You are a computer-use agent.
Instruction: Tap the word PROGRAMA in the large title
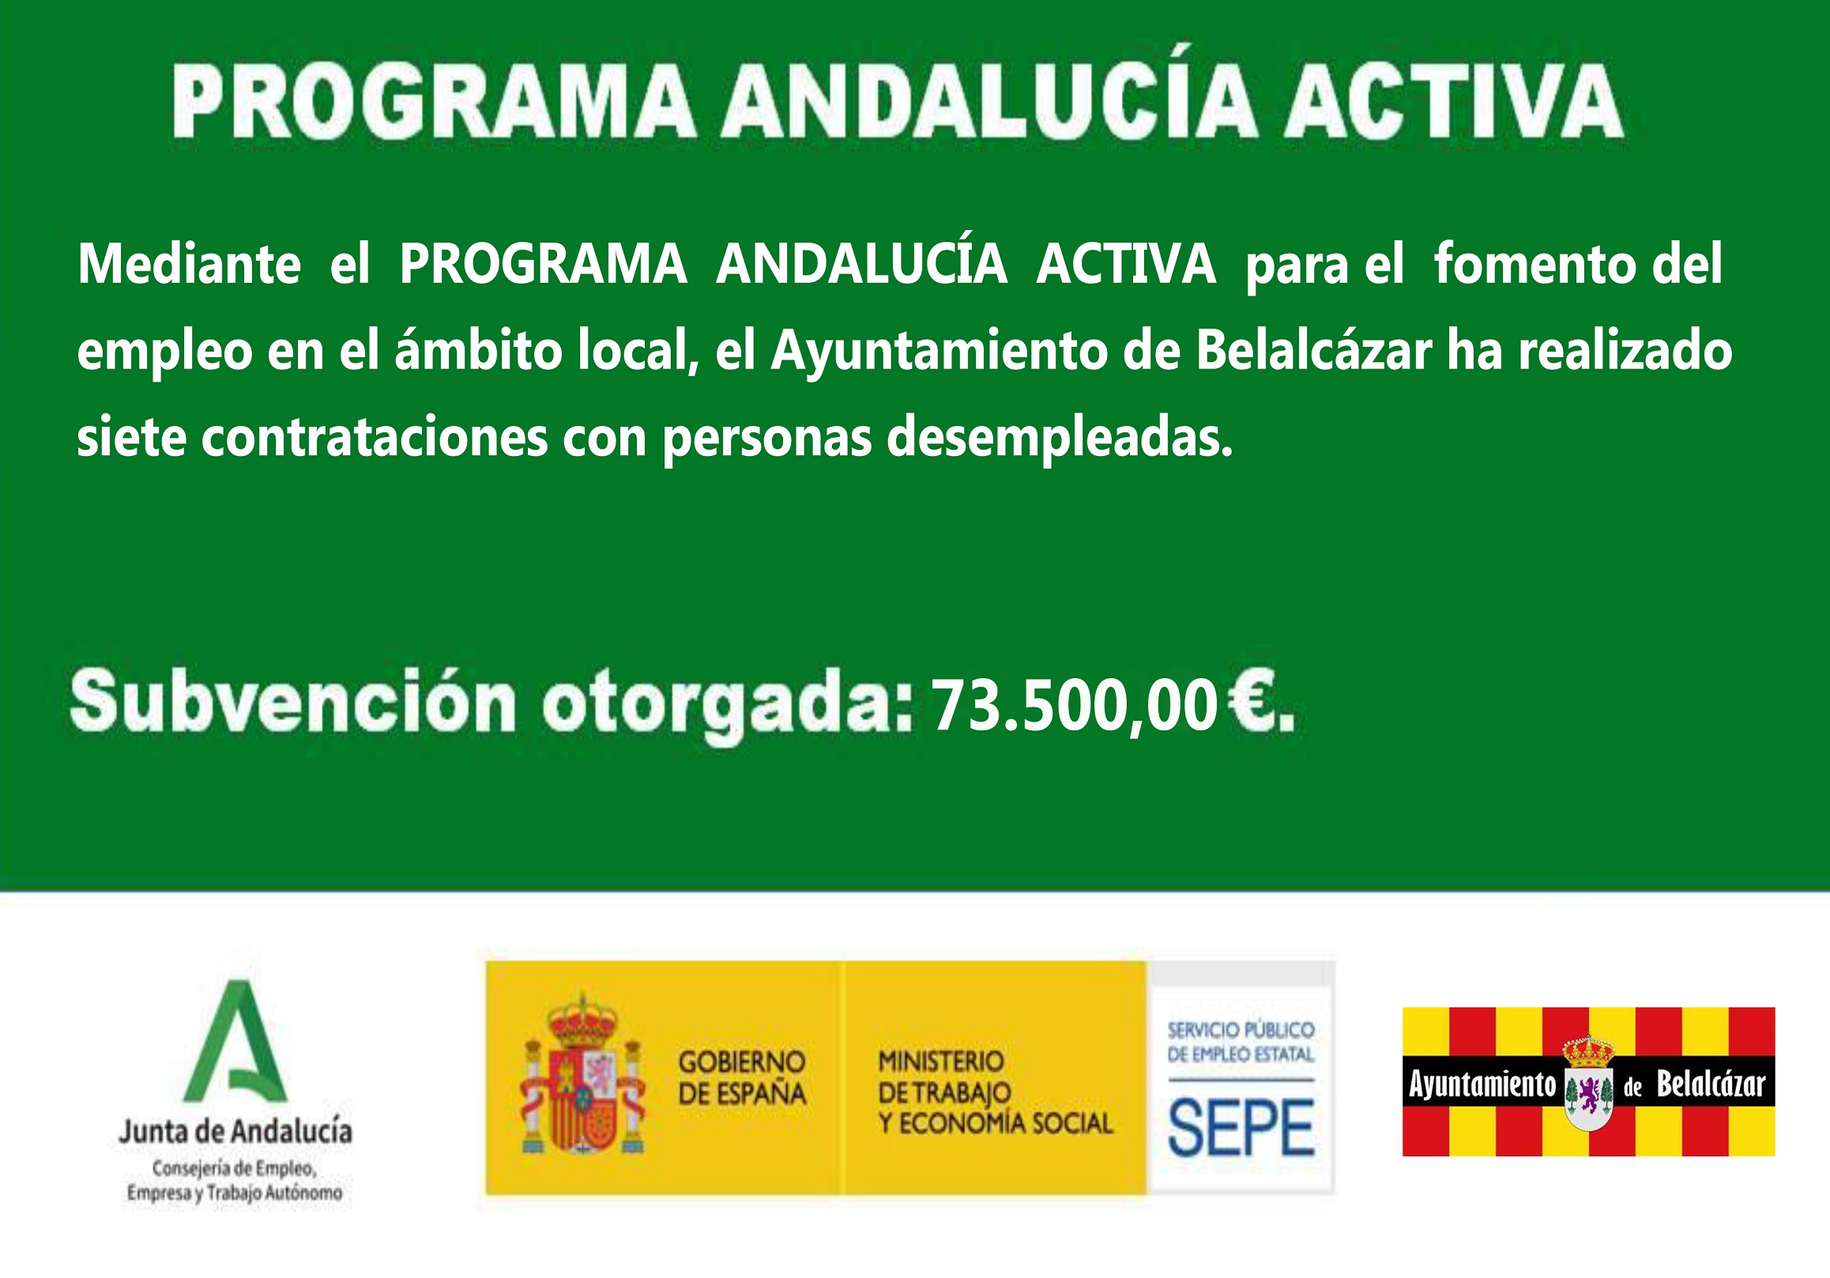click(x=435, y=102)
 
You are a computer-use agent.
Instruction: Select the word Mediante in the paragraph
click(x=189, y=265)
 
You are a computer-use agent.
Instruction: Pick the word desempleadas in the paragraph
click(x=1060, y=439)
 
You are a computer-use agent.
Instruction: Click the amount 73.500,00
click(x=1074, y=705)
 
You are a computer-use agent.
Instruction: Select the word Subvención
click(x=293, y=702)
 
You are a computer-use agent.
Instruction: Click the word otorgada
click(x=725, y=705)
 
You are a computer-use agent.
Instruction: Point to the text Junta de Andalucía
click(x=236, y=1130)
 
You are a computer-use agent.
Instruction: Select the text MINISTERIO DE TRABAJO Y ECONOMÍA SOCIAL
click(x=996, y=1092)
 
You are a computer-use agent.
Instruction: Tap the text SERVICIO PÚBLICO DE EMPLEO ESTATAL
click(x=1241, y=1042)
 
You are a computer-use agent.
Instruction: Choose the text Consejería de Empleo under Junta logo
click(x=235, y=1169)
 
